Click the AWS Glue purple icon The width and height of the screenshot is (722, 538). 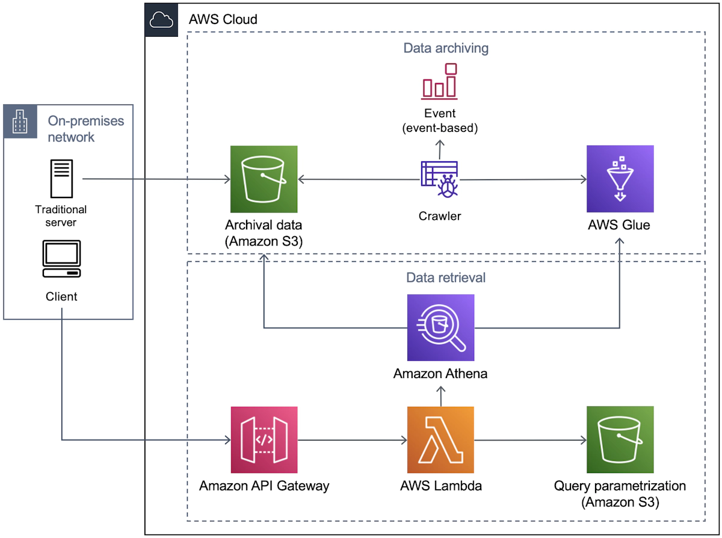pos(620,179)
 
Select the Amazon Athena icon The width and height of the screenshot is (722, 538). pos(440,327)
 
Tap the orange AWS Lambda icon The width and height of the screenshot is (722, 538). pos(440,440)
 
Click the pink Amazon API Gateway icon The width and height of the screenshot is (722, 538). pos(264,440)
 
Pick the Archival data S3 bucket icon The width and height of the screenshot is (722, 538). pos(264,179)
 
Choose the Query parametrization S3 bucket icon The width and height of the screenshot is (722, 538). pos(620,440)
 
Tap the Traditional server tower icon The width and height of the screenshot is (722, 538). pos(61,179)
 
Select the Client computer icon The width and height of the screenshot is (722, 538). pos(61,259)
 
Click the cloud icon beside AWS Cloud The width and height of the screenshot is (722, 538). pos(161,20)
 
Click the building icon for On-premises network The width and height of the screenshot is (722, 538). pos(20,120)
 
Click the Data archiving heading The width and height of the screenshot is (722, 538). pos(446,48)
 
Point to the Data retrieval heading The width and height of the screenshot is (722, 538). pos(446,277)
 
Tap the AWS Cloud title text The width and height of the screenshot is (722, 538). pos(223,19)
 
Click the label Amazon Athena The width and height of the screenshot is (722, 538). pos(440,374)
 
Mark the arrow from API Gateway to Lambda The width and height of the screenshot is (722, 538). pos(352,440)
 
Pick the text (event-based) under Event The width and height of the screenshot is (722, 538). pos(440,128)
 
